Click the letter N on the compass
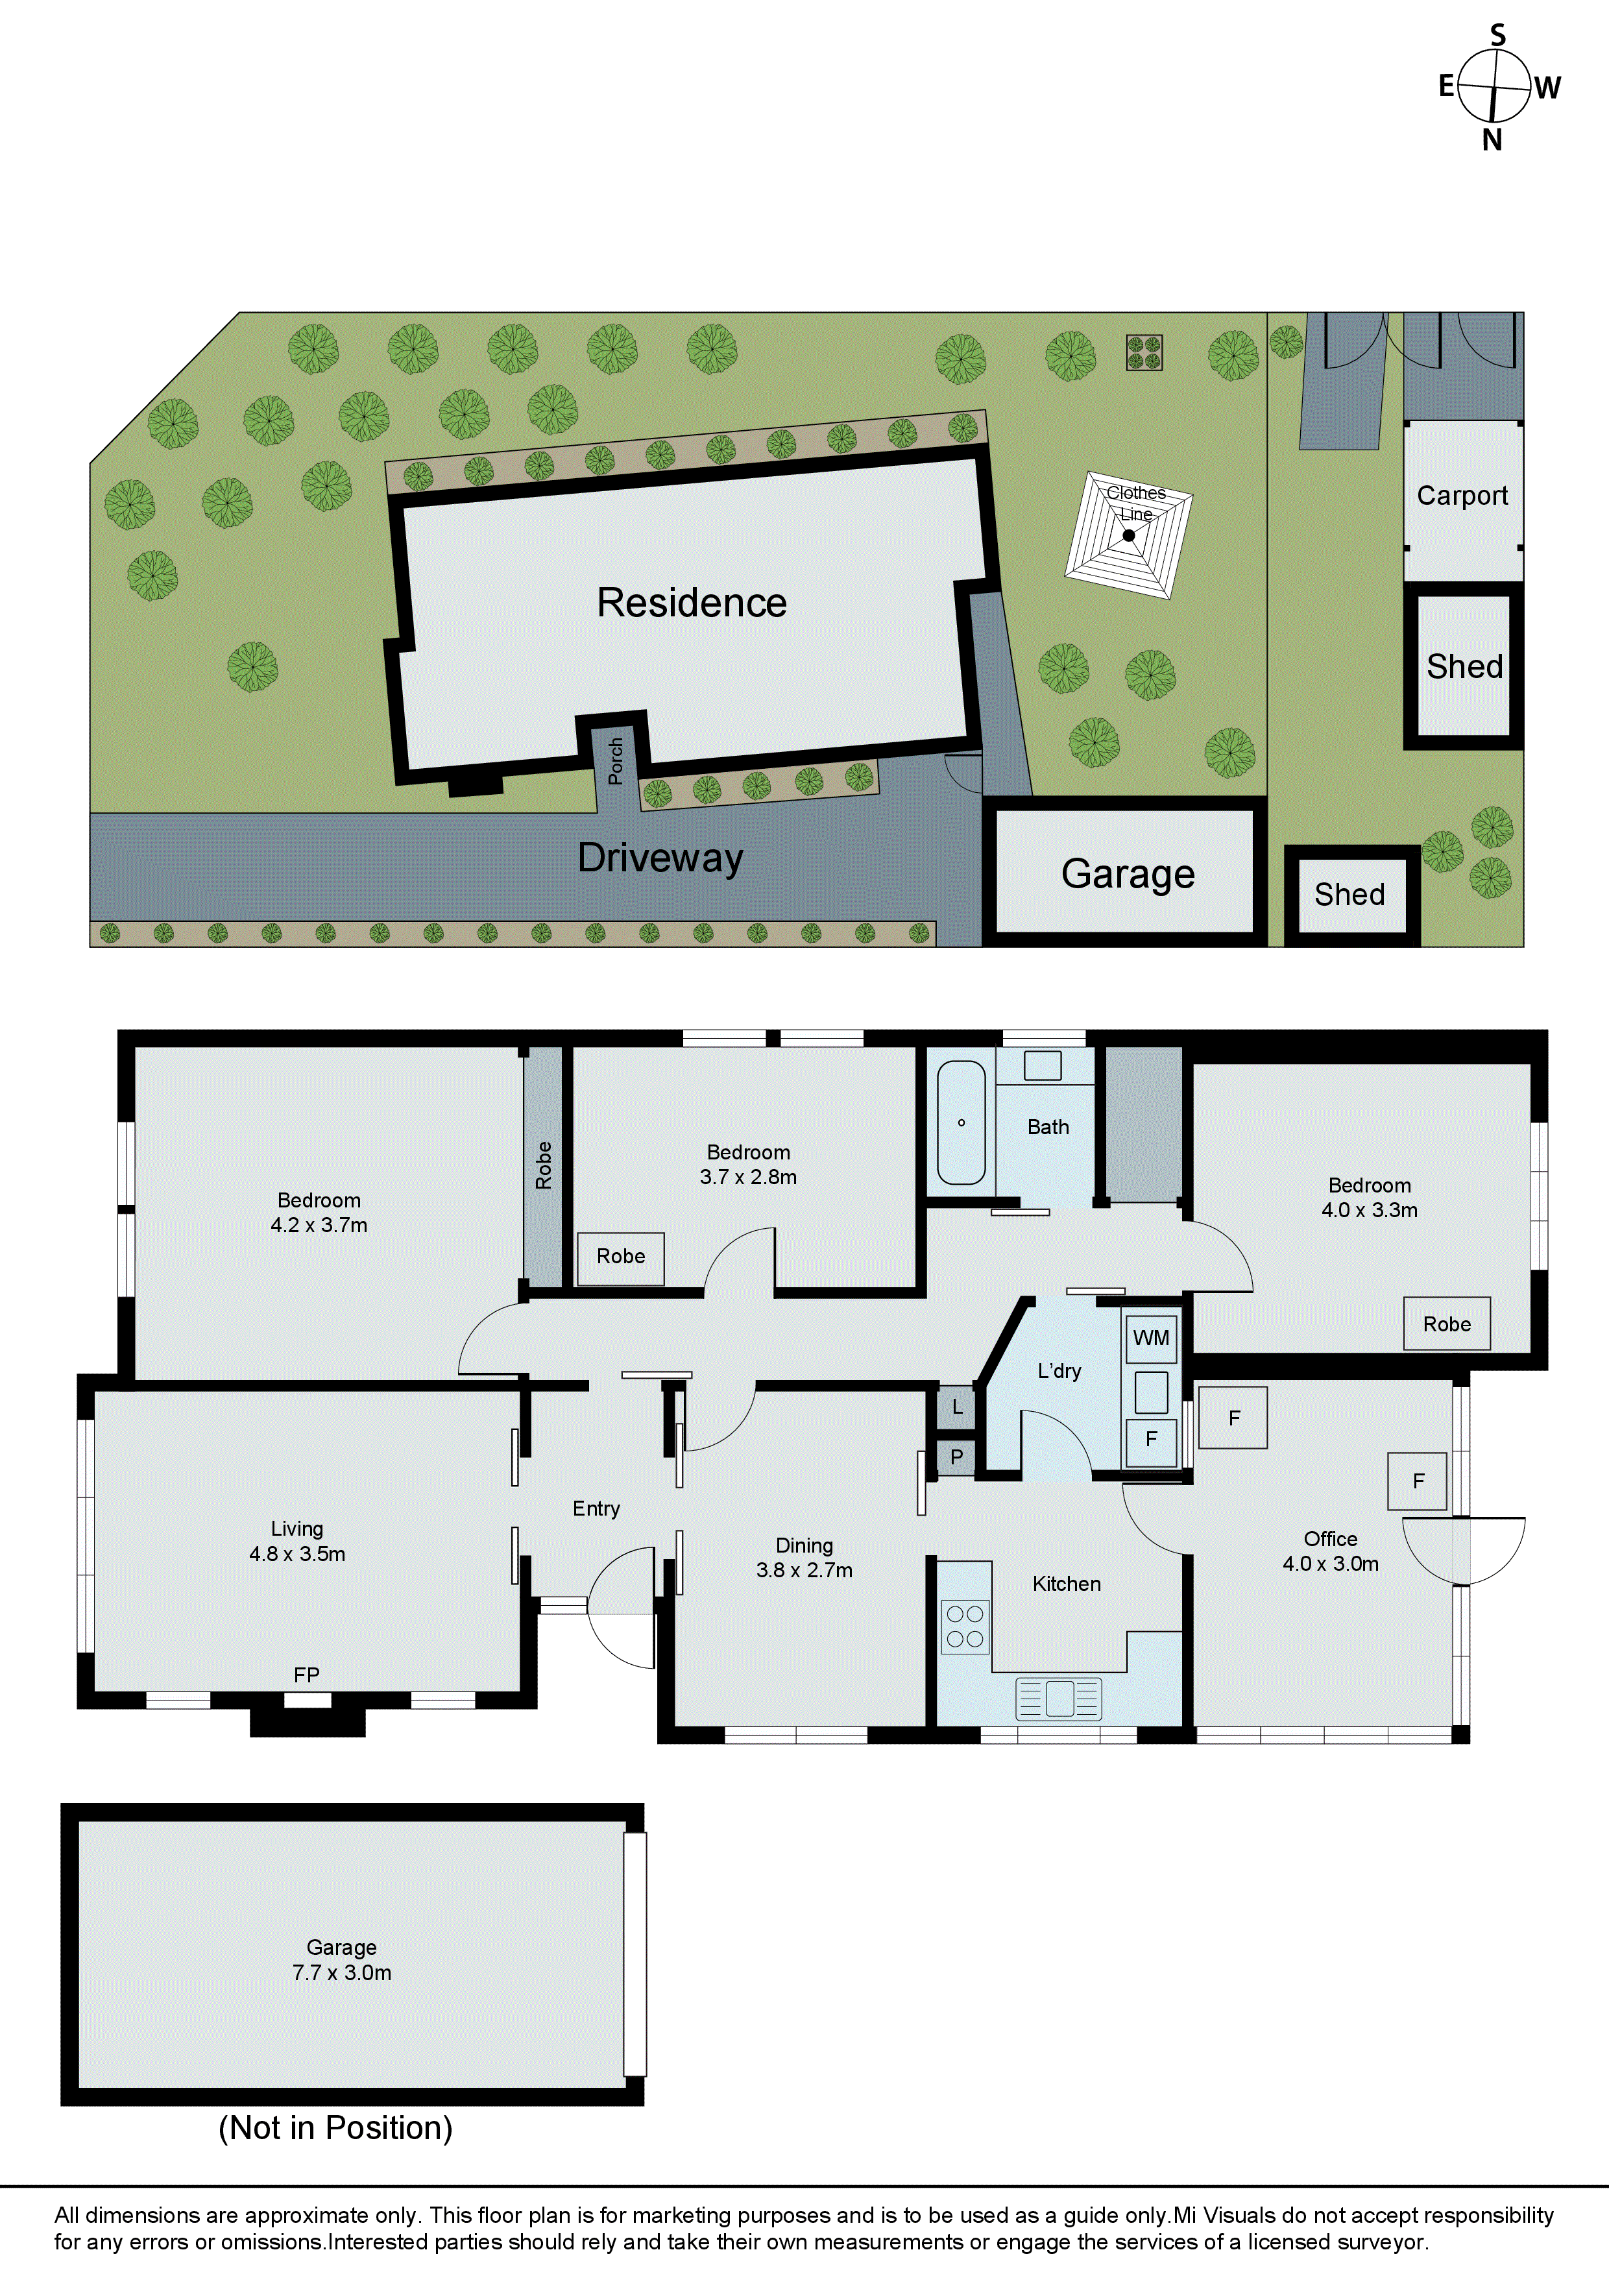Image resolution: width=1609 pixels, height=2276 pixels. pos(1492,141)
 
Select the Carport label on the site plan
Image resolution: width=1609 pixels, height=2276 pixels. pos(1462,496)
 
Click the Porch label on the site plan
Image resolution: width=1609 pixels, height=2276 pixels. pos(616,761)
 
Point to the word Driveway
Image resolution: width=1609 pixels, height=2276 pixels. pos(660,858)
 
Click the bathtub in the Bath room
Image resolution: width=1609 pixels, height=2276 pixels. pos(961,1123)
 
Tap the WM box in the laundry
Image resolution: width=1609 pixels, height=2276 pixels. pos(1151,1338)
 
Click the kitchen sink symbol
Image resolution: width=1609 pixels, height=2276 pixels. pos(1059,1698)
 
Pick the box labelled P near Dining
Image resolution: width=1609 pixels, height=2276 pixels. pos(957,1457)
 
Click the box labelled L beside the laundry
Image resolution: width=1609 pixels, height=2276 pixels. pos(957,1407)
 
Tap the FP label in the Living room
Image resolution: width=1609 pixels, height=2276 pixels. pos(306,1675)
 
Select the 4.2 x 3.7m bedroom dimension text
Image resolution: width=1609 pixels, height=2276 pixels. pos(319,1225)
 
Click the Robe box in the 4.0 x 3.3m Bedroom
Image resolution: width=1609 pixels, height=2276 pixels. pos(1446,1324)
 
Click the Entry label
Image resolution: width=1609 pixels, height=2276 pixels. pos(596,1508)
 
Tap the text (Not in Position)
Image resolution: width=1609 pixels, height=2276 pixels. pos(335,2128)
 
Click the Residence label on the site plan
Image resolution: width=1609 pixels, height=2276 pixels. pos(692,603)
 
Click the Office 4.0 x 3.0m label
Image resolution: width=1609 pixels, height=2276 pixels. pos(1331,1551)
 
